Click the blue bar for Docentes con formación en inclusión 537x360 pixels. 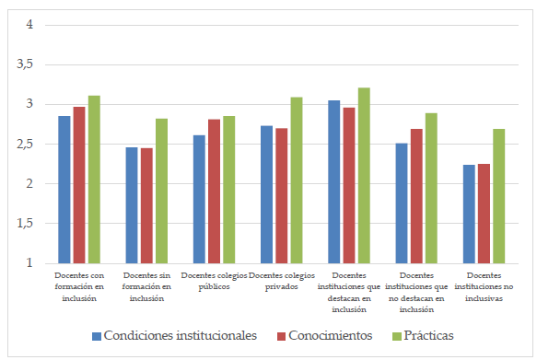coord(64,190)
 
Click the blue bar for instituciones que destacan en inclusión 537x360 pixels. coord(334,181)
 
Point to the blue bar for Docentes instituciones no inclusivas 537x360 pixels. coord(469,214)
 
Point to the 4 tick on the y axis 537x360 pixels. coord(29,24)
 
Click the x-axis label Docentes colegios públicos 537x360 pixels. coord(214,281)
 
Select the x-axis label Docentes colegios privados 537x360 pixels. coord(282,281)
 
